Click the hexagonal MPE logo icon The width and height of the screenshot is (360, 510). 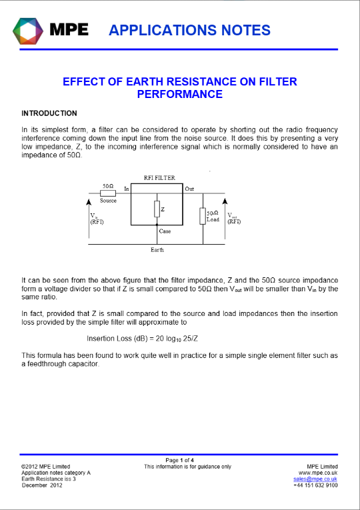28,31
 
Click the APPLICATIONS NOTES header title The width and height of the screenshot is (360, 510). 189,30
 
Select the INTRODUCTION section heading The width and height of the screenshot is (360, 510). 49,113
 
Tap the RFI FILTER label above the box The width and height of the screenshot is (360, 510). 159,178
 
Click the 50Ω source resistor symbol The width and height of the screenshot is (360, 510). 108,193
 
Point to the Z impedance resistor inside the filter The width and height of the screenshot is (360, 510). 157,209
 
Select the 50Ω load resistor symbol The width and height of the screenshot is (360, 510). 203,216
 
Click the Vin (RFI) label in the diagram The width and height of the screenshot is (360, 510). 97,219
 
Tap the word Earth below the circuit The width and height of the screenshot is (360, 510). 157,250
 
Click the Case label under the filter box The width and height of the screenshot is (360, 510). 165,231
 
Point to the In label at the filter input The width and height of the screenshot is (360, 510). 127,189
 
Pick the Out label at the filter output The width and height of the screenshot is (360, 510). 189,189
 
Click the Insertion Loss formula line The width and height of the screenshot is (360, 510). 143,339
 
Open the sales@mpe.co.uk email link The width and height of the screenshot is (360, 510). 315,479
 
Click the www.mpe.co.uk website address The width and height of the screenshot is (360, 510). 318,473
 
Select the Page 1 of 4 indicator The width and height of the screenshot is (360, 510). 180,460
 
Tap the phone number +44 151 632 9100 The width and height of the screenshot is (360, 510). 315,485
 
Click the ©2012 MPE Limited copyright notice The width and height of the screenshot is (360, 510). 45,467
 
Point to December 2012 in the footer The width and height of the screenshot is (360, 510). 42,485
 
